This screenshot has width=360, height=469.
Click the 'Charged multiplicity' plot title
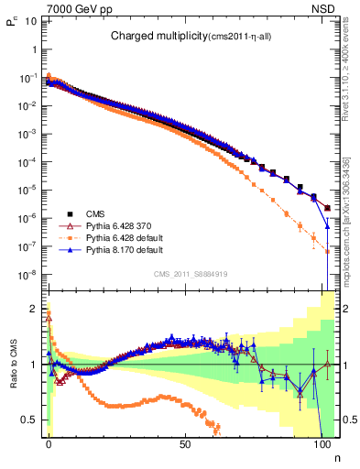(161, 37)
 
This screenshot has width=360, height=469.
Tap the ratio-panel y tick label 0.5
(28, 420)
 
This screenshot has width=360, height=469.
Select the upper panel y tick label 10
(30, 20)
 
